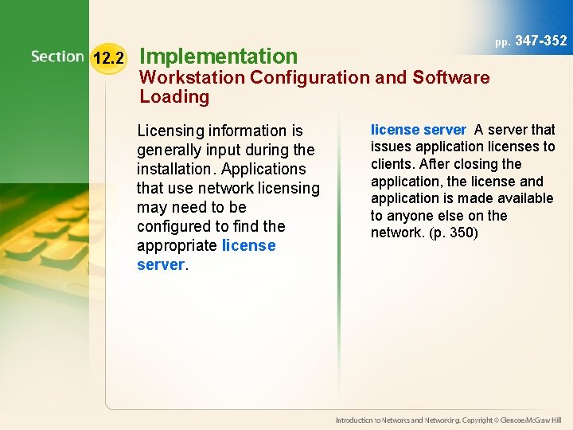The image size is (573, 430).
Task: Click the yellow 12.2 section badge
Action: click(108, 58)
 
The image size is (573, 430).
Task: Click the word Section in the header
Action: click(57, 57)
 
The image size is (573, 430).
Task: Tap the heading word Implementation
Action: click(218, 56)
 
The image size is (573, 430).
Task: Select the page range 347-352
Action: click(541, 41)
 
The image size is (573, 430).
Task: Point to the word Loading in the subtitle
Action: click(174, 97)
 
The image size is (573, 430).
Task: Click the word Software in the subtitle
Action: click(451, 77)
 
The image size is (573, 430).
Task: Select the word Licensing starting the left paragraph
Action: click(170, 131)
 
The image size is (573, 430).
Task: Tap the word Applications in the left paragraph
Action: click(263, 169)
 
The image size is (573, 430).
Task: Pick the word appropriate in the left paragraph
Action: click(177, 245)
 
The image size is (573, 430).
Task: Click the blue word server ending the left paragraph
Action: click(160, 264)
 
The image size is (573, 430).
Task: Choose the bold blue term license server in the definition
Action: click(418, 130)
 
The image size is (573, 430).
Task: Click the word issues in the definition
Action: click(388, 147)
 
